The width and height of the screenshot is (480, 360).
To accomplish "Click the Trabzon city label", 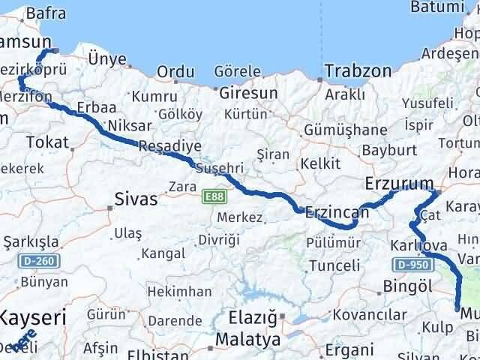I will click(358, 72).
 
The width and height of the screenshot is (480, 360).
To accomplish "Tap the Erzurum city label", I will click(399, 184).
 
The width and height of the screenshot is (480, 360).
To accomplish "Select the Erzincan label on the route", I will click(337, 213).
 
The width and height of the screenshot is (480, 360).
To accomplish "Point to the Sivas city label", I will click(136, 199).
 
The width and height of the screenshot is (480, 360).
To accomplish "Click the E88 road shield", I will click(212, 196).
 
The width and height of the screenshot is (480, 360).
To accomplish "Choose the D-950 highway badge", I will click(412, 264).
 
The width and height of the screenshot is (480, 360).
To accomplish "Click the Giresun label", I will click(248, 94).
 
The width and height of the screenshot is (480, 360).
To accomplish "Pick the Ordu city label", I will click(175, 73).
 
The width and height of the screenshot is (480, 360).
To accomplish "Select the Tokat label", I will click(46, 142).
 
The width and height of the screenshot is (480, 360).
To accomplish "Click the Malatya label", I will click(247, 340).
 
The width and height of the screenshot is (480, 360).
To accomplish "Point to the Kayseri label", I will click(33, 317).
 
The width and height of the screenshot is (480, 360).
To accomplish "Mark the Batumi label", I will click(438, 7).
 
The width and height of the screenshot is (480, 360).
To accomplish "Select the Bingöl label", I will click(408, 285).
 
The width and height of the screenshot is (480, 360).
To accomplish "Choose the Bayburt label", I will click(384, 150).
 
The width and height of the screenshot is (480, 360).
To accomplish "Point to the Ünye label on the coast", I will click(107, 59).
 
